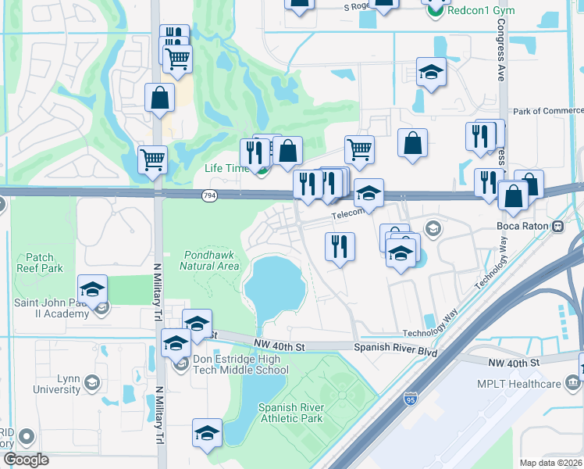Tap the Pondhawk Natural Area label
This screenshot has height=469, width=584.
click(x=209, y=260)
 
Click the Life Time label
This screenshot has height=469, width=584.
click(x=226, y=168)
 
